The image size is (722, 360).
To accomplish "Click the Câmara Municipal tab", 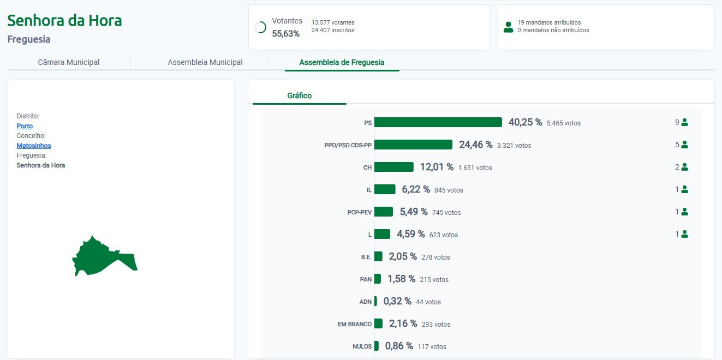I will tap(69, 62).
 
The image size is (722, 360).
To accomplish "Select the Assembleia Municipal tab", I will tap(205, 62).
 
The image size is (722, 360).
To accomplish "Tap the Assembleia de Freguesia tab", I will tap(342, 62).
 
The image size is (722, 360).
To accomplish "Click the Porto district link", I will tap(25, 126).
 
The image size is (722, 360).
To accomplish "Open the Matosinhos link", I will tap(34, 146).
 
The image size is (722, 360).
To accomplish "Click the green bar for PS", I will tap(438, 122).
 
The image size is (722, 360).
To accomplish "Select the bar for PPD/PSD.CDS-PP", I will tap(413, 145).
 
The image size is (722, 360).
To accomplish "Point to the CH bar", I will tap(394, 167).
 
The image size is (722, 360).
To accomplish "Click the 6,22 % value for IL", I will tap(416, 189).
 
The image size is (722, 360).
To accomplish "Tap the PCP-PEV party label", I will tap(359, 212).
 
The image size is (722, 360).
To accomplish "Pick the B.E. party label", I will tap(366, 257).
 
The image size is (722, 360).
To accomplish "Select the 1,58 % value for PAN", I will tap(401, 279).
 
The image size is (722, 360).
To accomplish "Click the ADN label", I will tap(366, 302).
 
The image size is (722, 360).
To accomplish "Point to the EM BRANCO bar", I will tap(378, 323).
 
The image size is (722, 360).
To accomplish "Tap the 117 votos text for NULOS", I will tap(432, 346).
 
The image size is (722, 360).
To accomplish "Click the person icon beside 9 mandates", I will tap(684, 122).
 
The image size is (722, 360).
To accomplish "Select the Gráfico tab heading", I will tap(299, 95).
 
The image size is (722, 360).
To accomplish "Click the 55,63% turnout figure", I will tap(286, 34).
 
